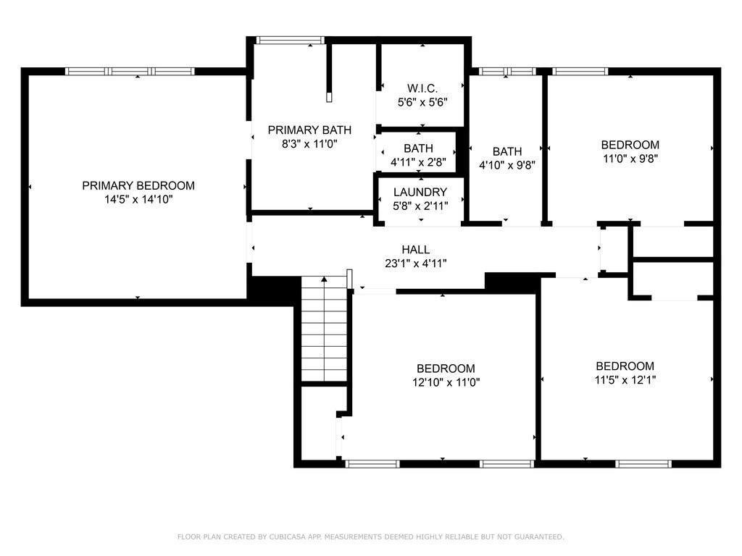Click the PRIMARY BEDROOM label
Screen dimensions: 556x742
coord(138,185)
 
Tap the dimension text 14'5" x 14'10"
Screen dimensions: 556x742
coord(138,199)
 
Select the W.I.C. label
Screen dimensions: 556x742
coord(421,88)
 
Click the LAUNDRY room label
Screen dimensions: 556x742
coord(420,192)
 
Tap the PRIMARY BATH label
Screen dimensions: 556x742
coord(309,130)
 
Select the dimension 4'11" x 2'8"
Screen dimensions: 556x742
coord(418,162)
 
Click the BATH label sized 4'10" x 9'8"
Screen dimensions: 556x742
coord(507,151)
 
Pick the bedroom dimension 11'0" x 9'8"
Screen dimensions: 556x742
coord(630,158)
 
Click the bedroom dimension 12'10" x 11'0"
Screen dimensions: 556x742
coord(446,382)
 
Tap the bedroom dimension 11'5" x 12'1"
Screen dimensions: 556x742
coord(625,379)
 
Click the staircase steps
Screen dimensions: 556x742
coord(323,333)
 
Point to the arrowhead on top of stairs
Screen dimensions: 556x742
coord(324,279)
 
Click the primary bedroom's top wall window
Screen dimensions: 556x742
coord(130,71)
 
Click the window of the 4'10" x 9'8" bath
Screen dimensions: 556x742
coord(507,71)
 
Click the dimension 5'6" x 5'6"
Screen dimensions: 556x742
coord(421,102)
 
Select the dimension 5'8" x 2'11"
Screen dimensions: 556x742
coord(420,206)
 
